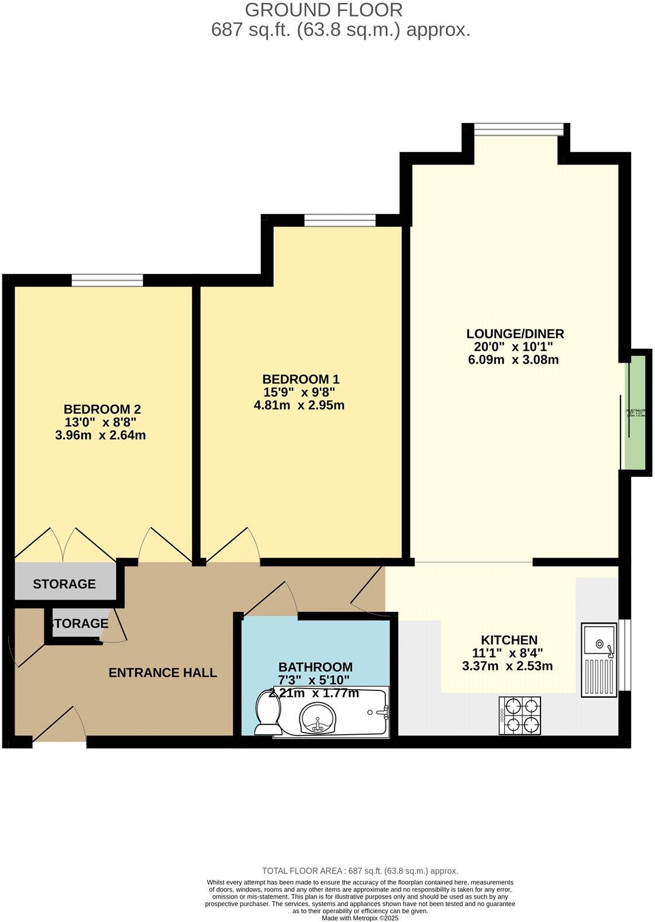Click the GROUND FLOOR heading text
coord(323,10)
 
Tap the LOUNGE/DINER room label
coord(515,334)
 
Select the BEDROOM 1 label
coord(301,379)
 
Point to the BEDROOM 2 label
coord(102,409)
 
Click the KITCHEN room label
coord(509,640)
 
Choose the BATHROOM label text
coord(315,667)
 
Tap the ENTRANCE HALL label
coord(163,673)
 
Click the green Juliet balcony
coord(636,412)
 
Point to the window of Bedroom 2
coord(107,280)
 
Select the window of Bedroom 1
coord(339,220)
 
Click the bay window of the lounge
coord(518,129)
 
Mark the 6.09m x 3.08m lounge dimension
coord(513,360)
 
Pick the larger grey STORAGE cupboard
coord(64,583)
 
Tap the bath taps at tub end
coord(381,712)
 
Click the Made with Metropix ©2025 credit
coord(360,918)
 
